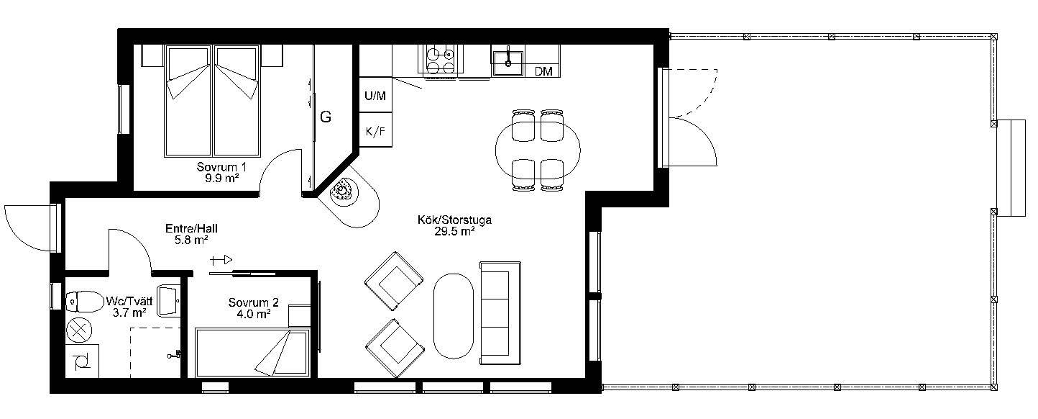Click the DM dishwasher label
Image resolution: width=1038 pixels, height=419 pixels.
point(543,71)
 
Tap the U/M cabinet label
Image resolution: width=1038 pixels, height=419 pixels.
point(375,96)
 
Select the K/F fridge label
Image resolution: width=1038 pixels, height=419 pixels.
point(375,131)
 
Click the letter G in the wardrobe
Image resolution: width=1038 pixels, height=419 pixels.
point(326,117)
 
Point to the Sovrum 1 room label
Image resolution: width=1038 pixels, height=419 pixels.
point(221,166)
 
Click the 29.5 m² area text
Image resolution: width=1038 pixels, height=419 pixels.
point(454,231)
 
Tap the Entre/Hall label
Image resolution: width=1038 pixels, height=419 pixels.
point(191,228)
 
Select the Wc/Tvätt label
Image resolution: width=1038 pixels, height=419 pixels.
point(129,301)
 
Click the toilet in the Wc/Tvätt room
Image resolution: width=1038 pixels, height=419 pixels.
point(84,302)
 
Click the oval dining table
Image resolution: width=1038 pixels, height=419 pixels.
point(538,150)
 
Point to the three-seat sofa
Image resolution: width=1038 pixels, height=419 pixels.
point(500,313)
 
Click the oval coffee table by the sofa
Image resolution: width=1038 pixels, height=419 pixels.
point(454,316)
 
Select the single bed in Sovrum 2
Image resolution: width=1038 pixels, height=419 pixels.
point(252,352)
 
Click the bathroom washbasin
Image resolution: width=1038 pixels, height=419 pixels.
point(169,301)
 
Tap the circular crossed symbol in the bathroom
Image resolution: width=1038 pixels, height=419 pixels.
point(79,331)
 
